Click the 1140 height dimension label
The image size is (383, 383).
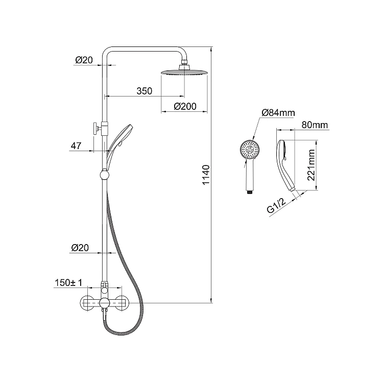[x=206, y=175]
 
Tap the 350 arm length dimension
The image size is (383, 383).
[x=145, y=91]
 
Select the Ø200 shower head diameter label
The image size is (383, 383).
[x=185, y=107]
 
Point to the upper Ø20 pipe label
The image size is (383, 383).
[x=84, y=60]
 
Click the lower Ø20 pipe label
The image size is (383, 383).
[x=80, y=248]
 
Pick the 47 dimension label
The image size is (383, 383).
[x=76, y=146]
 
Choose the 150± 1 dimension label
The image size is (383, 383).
[x=68, y=283]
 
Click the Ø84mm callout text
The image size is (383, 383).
[x=278, y=113]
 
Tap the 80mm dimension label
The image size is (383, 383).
[x=315, y=125]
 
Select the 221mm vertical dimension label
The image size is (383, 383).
[x=311, y=165]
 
